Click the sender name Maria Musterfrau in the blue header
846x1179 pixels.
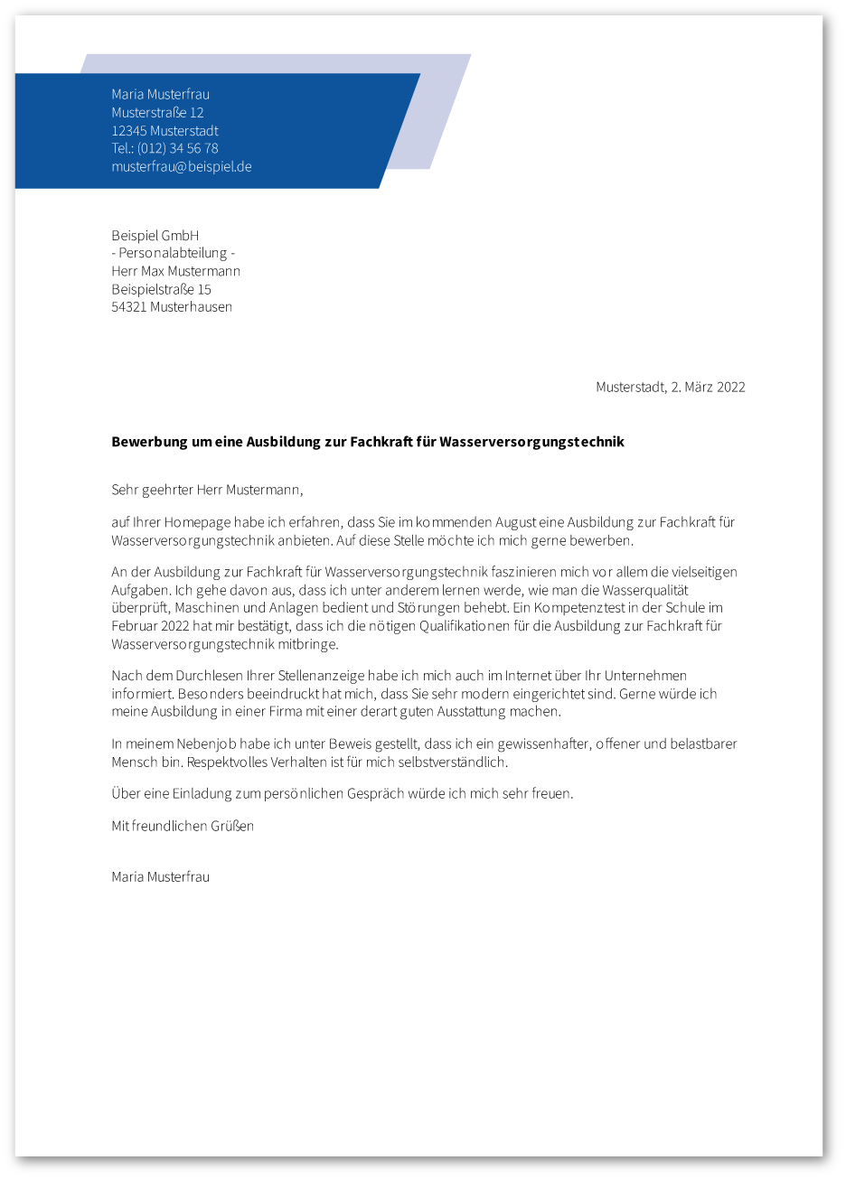point(160,94)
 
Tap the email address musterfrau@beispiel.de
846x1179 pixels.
point(181,166)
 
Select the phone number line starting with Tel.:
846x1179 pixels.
point(164,148)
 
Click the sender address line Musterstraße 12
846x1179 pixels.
point(157,112)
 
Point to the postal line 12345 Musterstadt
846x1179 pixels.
point(164,130)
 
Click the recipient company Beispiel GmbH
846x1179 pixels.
point(155,235)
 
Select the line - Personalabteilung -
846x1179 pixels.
point(173,253)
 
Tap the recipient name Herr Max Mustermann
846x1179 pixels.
point(175,271)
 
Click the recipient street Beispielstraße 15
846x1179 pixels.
point(161,289)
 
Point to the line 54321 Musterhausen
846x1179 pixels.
point(172,306)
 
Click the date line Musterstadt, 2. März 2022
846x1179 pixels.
point(670,387)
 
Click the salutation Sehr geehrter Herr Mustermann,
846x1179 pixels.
point(207,490)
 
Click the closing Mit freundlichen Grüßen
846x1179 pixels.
point(182,826)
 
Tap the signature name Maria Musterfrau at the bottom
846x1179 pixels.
point(160,876)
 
